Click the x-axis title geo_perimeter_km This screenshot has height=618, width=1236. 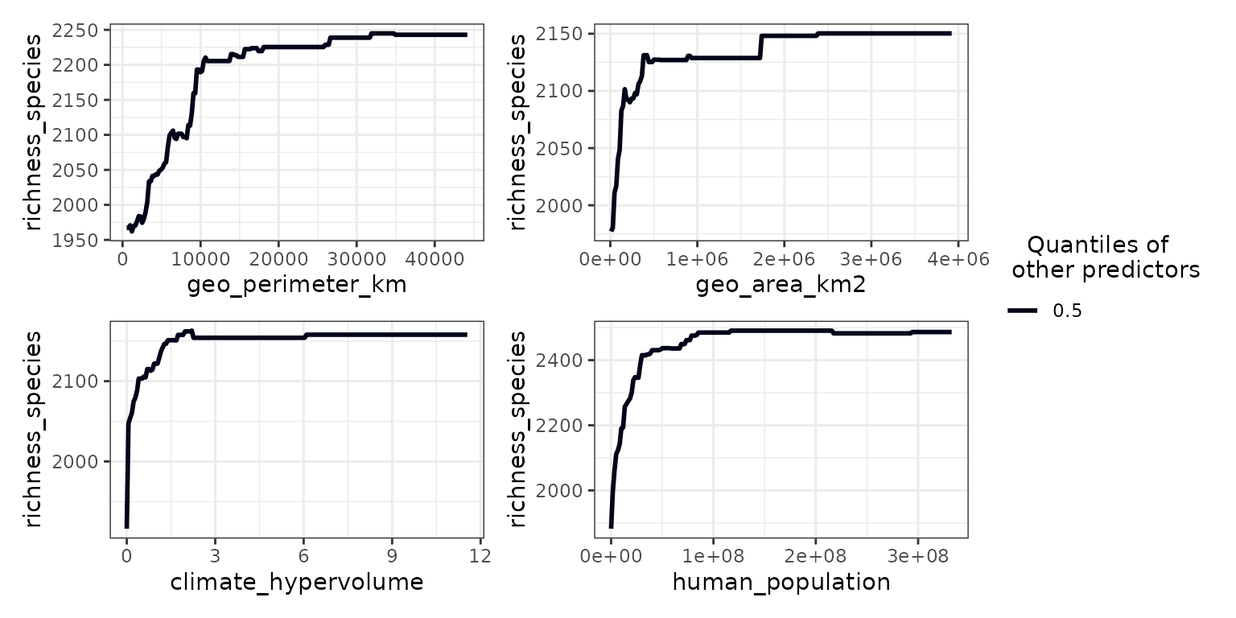296,286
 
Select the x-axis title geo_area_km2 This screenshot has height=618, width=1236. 781,286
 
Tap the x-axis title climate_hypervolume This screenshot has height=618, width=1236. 296,582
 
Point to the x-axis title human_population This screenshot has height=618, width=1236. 781,582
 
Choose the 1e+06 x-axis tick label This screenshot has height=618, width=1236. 695,260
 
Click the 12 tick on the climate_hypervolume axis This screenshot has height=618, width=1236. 480,557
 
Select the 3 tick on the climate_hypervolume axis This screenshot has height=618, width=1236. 215,557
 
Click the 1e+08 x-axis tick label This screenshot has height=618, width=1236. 713,557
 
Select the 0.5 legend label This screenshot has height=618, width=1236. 1067,311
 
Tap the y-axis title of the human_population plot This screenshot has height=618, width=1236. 519,430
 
